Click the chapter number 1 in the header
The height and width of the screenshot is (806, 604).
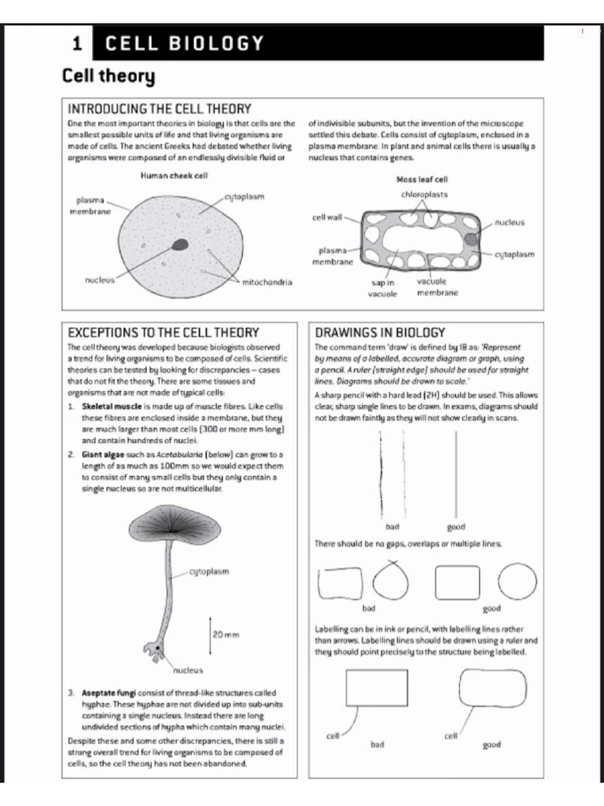[x=76, y=44]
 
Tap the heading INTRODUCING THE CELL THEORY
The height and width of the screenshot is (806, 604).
[x=160, y=108]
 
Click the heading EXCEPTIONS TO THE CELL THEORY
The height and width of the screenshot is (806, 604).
[x=164, y=332]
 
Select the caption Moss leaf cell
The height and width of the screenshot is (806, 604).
[x=422, y=179]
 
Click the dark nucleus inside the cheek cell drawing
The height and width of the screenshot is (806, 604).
[x=181, y=244]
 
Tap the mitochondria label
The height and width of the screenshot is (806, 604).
[x=267, y=282]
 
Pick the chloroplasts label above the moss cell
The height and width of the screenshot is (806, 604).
[x=424, y=194]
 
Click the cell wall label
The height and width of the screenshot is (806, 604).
[x=326, y=217]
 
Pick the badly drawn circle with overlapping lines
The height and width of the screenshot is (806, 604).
[x=392, y=582]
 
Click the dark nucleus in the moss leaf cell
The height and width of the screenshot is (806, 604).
[x=470, y=239]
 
